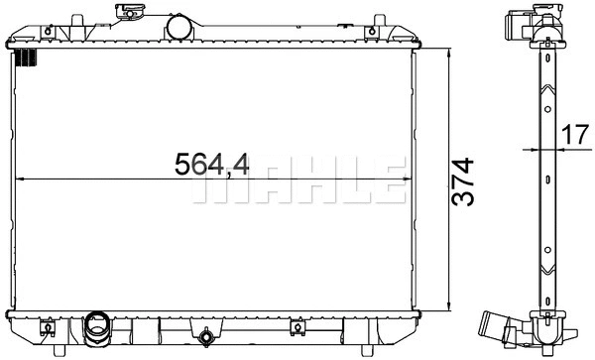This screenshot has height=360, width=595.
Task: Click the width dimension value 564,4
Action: tap(212, 163)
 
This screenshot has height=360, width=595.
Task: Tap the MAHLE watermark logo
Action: tap(297, 182)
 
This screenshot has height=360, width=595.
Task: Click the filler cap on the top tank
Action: tap(129, 13)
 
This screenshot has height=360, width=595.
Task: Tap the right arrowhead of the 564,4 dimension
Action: tap(407, 180)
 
